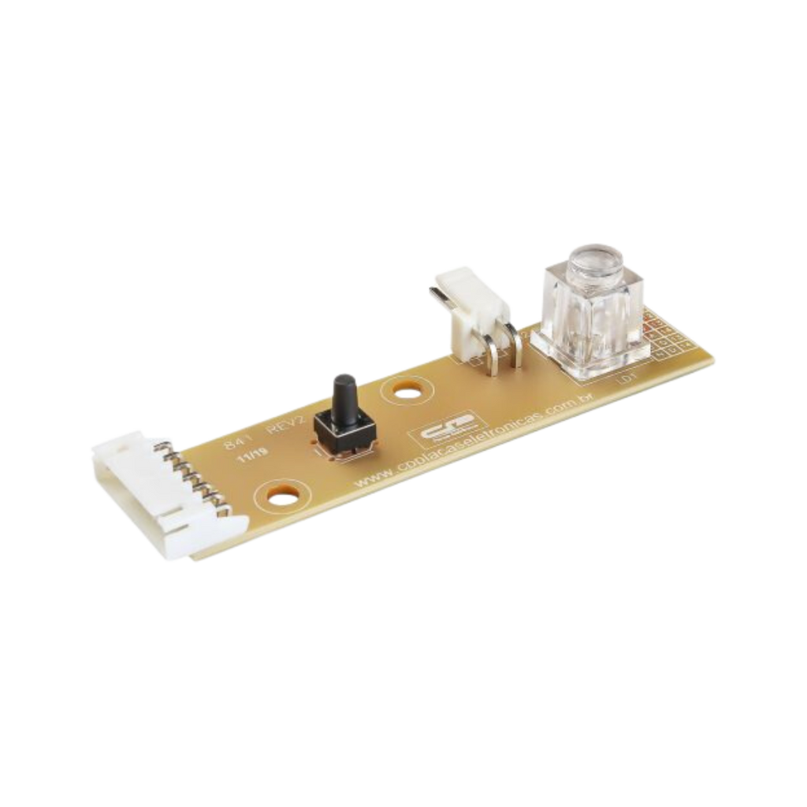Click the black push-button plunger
(x=343, y=392)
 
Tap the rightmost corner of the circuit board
(x=716, y=359)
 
